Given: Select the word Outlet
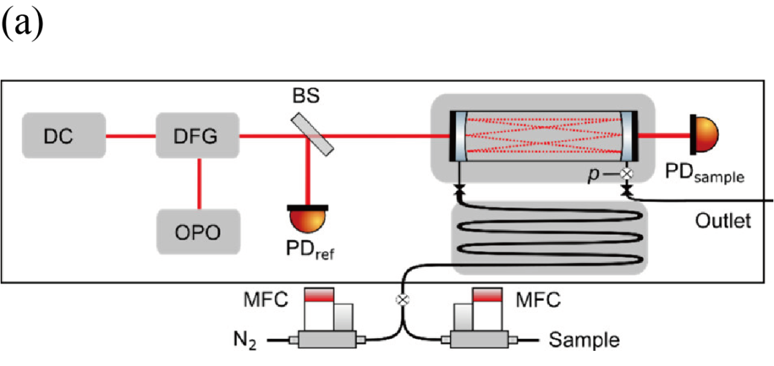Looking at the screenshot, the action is [x=722, y=221].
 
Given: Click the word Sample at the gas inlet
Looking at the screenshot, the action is [x=584, y=339].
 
